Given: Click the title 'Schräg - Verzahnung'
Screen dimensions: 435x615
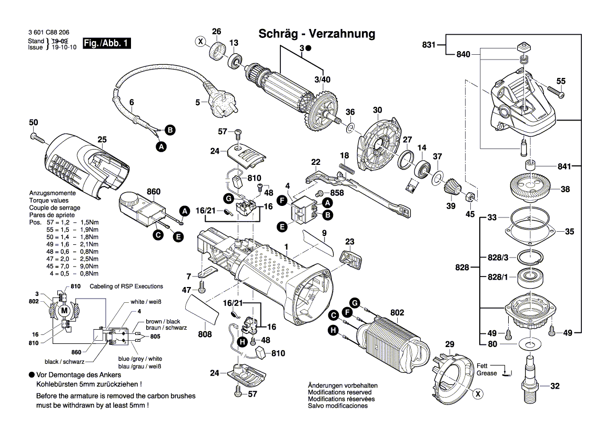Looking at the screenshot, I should tap(317, 34).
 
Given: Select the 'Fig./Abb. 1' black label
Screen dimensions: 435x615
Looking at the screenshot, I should tap(107, 44).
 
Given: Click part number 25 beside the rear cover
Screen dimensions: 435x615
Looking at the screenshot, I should tap(102, 140).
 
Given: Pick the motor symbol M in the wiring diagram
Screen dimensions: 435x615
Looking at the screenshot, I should tap(64, 311).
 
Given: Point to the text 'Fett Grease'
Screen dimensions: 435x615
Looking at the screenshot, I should tap(486, 369).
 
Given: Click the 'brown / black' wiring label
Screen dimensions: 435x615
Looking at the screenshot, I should tap(163, 321).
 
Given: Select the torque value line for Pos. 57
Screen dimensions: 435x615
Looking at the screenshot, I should tap(63, 223).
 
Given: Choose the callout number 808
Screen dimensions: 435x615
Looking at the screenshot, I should tap(205, 334).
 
